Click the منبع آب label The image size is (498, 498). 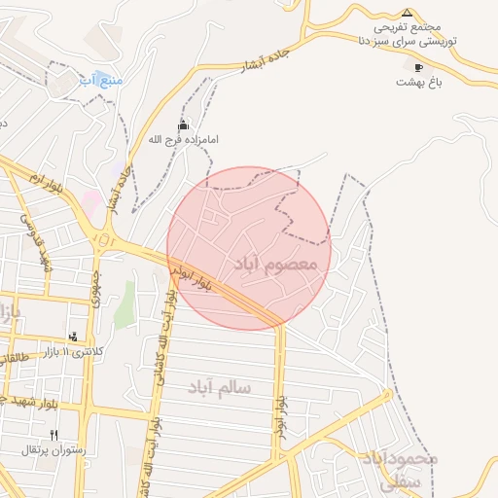click(101, 79)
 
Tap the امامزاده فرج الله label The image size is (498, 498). click(183, 140)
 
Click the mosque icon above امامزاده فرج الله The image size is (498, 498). click(183, 125)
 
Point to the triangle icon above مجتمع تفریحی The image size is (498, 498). click(408, 13)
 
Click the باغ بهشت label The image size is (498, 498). click(419, 83)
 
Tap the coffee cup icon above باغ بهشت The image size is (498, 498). click(419, 68)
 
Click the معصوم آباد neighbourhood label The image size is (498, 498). click(277, 264)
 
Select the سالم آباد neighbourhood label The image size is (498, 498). click(220, 387)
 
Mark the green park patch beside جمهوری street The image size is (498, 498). click(124, 304)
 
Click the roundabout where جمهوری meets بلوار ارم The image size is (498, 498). click(104, 239)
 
